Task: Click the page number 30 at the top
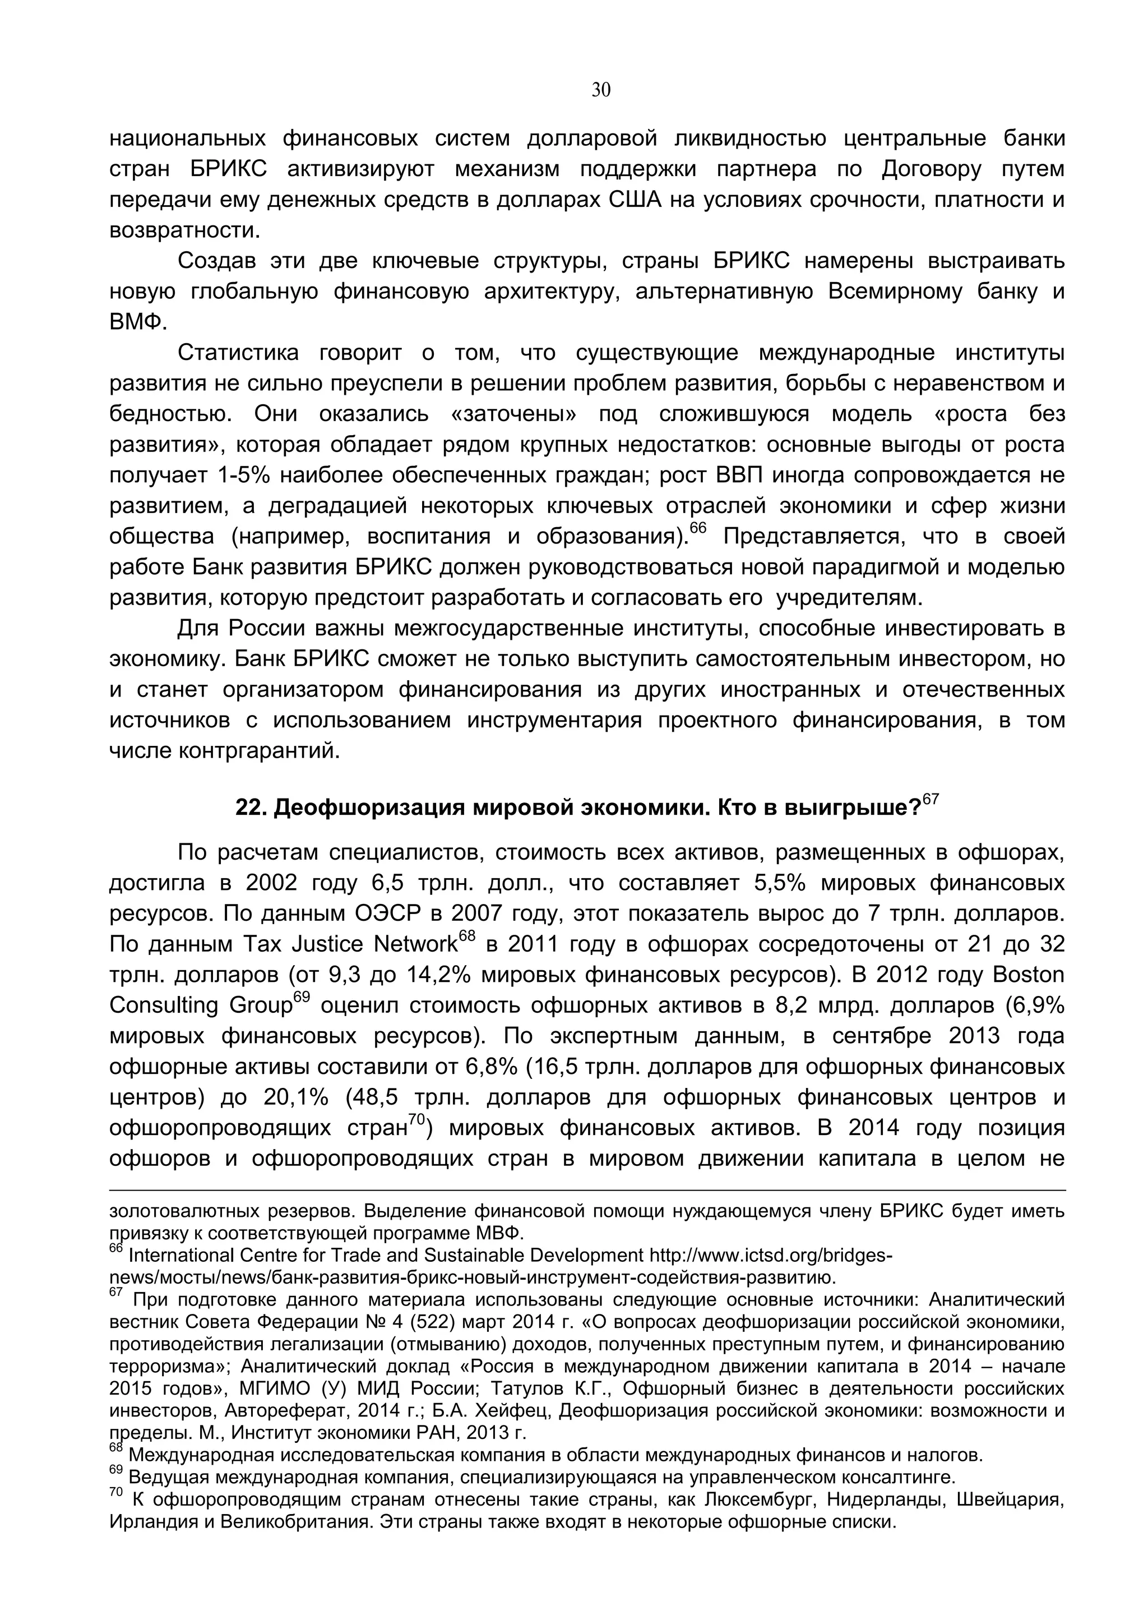(600, 90)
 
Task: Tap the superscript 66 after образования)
(697, 528)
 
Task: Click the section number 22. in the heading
(249, 808)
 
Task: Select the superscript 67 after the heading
(931, 799)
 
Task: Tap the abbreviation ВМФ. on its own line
(138, 322)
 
